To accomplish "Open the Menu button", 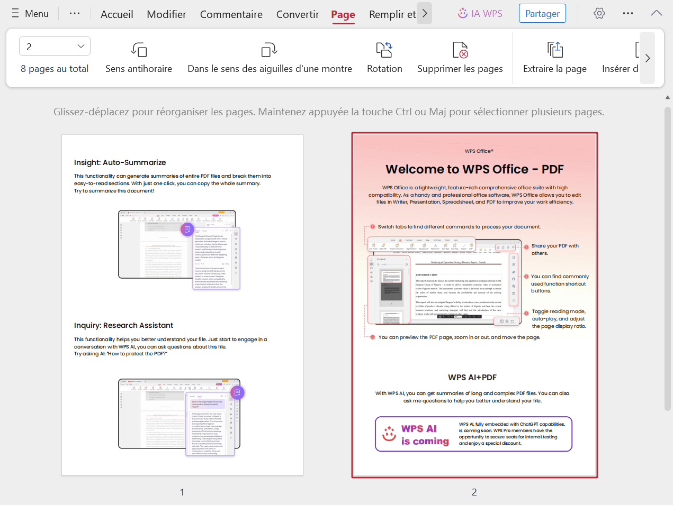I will pyautogui.click(x=30, y=14).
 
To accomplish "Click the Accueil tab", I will pyautogui.click(x=116, y=14).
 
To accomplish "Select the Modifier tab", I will pyautogui.click(x=166, y=14).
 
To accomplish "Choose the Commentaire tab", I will pyautogui.click(x=231, y=14).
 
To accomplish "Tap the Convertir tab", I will pyautogui.click(x=298, y=14).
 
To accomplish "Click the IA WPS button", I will pyautogui.click(x=480, y=14).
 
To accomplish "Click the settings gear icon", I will pyautogui.click(x=599, y=14).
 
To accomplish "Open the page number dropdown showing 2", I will pyautogui.click(x=55, y=47).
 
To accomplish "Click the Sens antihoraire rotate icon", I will pyautogui.click(x=139, y=50).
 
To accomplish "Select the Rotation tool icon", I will pyautogui.click(x=384, y=50).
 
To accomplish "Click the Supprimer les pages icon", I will pyautogui.click(x=460, y=50).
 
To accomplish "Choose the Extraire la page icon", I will pyautogui.click(x=554, y=50).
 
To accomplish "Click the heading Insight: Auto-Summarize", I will pyautogui.click(x=120, y=163).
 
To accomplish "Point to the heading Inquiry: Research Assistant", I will pyautogui.click(x=123, y=326).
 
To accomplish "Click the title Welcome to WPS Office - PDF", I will pyautogui.click(x=474, y=169).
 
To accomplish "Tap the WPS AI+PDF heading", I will pyautogui.click(x=472, y=378).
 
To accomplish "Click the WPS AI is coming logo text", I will pyautogui.click(x=424, y=435).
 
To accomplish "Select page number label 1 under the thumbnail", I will pyautogui.click(x=182, y=492).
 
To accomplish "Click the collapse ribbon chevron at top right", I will pyautogui.click(x=656, y=14).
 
